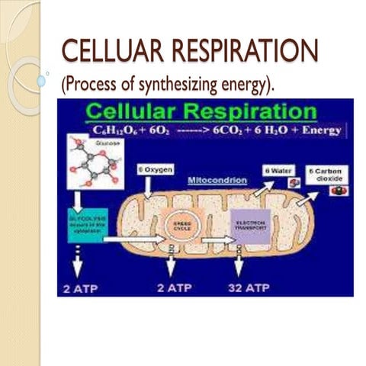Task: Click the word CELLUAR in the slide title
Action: click(x=111, y=53)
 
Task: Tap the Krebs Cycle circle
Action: click(x=179, y=225)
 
